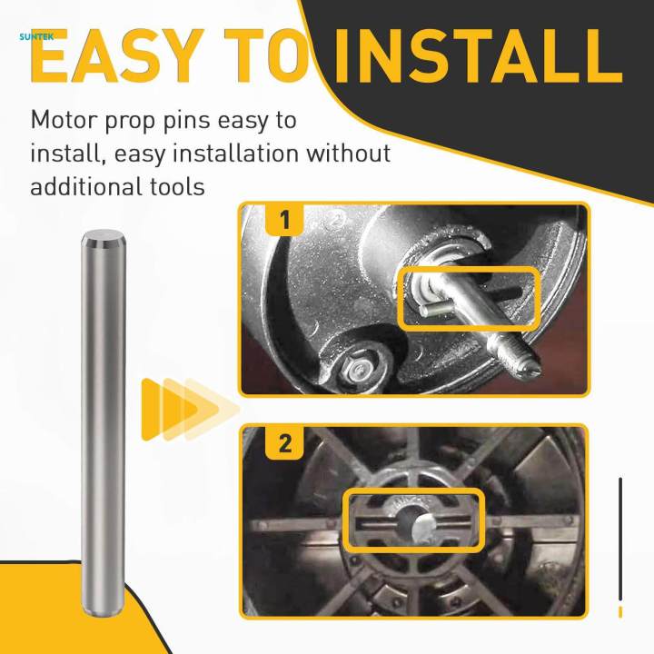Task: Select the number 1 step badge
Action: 284,221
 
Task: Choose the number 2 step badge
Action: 284,444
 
